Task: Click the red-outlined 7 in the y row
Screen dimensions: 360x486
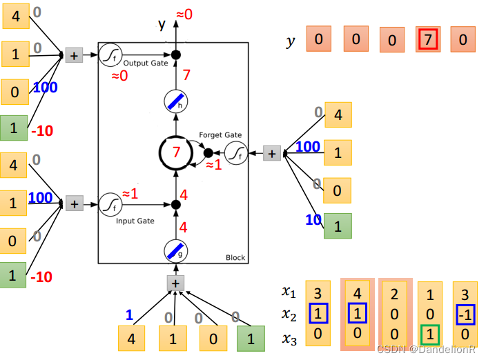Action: click(428, 40)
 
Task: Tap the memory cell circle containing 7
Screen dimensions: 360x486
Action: click(177, 153)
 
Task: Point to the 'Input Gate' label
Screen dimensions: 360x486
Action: click(135, 221)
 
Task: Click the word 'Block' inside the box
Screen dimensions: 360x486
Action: click(235, 257)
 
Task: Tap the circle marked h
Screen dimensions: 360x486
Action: click(176, 102)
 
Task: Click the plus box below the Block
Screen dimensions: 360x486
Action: click(176, 283)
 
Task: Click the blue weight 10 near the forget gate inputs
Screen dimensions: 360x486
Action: click(314, 220)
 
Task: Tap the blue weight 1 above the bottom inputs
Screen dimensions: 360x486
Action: click(129, 315)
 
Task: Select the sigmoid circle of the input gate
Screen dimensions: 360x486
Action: click(110, 203)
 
